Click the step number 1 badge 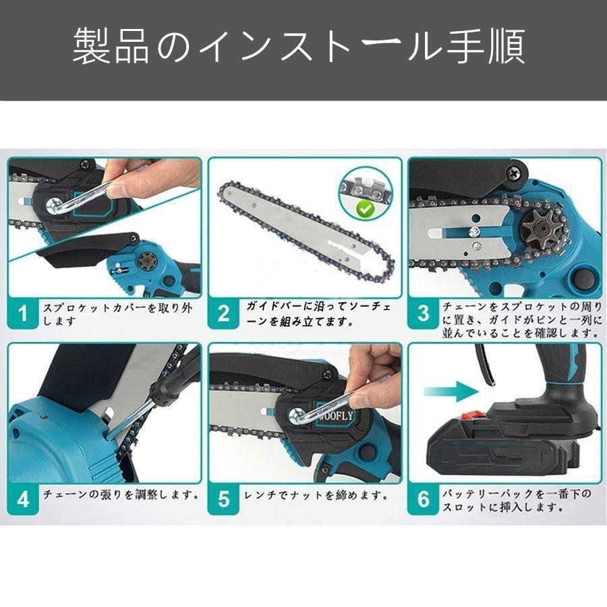click(x=23, y=314)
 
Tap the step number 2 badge click(x=223, y=314)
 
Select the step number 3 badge click(x=423, y=314)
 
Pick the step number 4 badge click(x=23, y=499)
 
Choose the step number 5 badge click(x=223, y=499)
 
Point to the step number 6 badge click(x=423, y=499)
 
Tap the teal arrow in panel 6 click(x=451, y=391)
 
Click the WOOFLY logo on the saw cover click(x=335, y=416)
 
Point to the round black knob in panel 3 click(x=584, y=277)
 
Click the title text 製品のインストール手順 click(x=299, y=46)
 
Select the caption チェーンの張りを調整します click(x=121, y=495)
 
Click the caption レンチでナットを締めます click(x=316, y=495)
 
